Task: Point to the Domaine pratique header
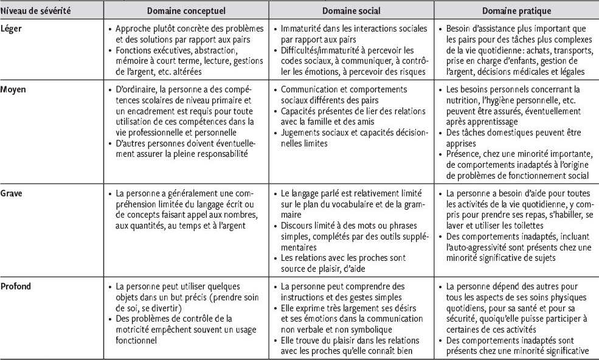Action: pos(516,11)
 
